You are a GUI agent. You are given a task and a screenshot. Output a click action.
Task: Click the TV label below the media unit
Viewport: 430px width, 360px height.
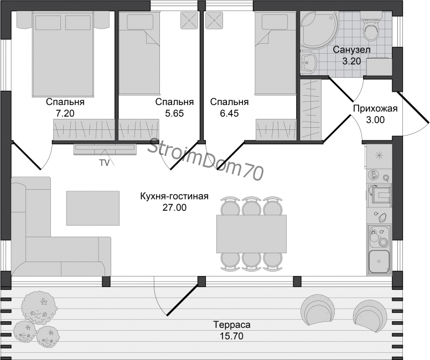coord(104,163)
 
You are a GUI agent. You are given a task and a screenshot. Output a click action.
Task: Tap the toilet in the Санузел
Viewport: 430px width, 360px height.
coord(371,28)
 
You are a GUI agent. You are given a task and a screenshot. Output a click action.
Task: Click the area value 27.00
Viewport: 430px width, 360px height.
coord(174,207)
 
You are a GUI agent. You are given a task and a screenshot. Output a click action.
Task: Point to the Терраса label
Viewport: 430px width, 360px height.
coord(232,325)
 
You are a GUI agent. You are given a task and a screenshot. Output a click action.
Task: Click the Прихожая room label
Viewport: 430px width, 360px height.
coord(375,108)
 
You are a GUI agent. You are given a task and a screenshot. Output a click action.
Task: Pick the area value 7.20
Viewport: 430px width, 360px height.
coord(65,113)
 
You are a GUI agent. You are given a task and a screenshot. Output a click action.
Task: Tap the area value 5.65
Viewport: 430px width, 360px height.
coord(174,113)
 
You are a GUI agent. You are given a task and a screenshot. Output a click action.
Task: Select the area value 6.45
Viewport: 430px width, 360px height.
coord(229,113)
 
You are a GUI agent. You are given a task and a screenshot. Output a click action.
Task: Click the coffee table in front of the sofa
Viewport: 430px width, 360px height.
coord(93,208)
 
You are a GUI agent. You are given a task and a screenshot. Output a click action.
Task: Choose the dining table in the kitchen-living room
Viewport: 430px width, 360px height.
coord(251,234)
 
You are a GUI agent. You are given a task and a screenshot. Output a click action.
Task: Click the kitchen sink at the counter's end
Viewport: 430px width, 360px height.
coord(379,262)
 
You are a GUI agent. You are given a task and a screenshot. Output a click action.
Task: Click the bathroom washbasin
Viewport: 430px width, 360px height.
coord(309,63)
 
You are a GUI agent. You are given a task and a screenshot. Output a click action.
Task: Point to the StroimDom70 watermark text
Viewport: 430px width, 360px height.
coord(206,159)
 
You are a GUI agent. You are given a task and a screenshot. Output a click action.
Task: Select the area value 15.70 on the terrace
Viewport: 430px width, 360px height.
coord(232,336)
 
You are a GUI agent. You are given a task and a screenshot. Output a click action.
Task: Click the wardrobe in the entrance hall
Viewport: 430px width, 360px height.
coord(310,109)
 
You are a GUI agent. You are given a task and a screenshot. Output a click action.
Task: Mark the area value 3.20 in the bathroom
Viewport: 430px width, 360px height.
coord(351,61)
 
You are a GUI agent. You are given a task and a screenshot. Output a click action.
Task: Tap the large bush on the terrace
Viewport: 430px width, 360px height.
coord(39,306)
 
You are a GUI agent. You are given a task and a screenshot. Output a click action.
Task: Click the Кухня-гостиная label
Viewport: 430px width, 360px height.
coord(174,196)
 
